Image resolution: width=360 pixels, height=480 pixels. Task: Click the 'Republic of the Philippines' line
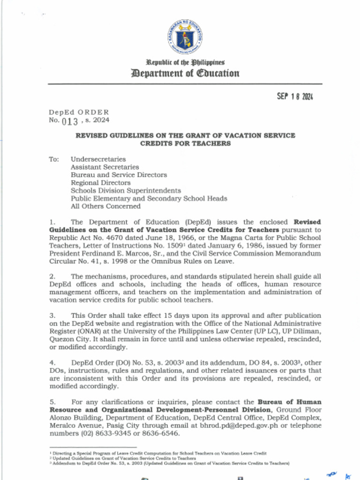tap(185, 62)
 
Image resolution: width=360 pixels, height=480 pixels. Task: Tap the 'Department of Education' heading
tap(185, 73)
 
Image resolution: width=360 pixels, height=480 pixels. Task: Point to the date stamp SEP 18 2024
tap(294, 97)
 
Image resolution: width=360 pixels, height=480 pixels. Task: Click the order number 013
tap(70, 120)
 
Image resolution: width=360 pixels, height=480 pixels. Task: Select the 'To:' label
tap(54, 159)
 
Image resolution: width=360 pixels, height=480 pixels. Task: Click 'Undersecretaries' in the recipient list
tap(98, 159)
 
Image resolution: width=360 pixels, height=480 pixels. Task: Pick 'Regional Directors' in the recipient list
tap(100, 183)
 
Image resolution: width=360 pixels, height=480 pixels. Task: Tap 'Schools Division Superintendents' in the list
tap(126, 191)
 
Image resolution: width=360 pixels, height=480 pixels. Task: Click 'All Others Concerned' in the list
tap(105, 206)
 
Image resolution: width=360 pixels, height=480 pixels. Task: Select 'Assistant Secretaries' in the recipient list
tap(105, 167)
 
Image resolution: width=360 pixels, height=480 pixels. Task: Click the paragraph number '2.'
tap(52, 277)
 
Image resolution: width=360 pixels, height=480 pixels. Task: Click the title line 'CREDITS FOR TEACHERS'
tap(186, 143)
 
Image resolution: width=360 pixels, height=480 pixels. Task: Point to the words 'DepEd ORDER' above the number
tap(79, 112)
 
